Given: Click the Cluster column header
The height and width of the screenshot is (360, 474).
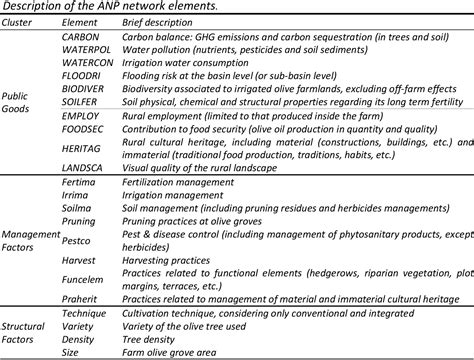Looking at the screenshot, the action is point(24,21).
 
